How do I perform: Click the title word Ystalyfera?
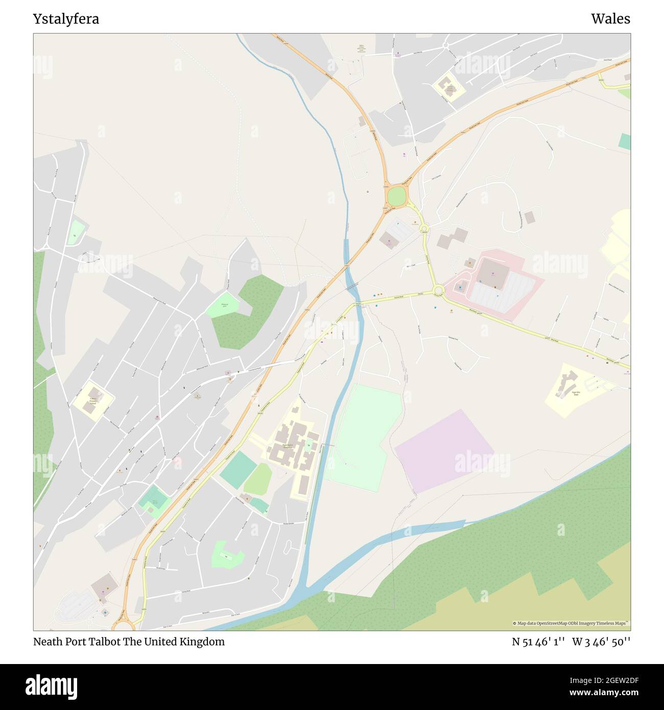[66, 19]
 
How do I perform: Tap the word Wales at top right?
[610, 19]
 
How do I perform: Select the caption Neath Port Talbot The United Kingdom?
[129, 642]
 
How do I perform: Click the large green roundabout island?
[396, 196]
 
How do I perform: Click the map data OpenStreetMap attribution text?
[571, 623]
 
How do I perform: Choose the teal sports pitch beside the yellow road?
[238, 469]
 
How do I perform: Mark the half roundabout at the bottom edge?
[123, 624]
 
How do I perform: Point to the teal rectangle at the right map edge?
[624, 141]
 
